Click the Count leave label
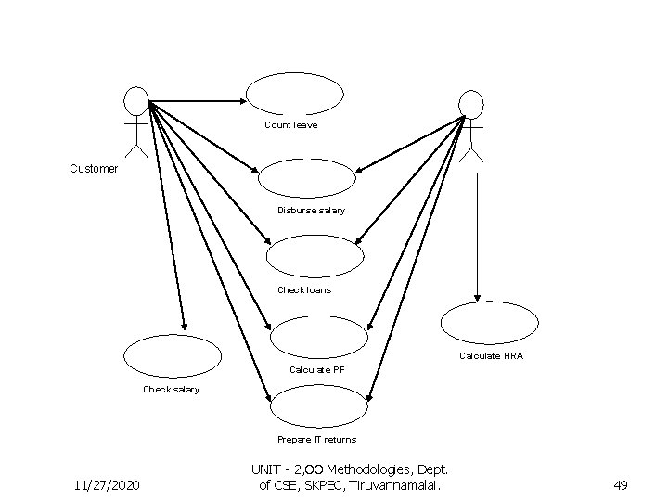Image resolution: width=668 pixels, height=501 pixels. [290, 124]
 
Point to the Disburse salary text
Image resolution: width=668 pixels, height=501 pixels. [311, 211]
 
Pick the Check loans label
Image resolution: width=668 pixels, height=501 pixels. [304, 290]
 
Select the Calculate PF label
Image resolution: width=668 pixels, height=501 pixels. [317, 369]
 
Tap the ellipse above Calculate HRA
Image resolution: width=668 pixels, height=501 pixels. [489, 325]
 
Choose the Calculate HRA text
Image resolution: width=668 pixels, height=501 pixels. [492, 356]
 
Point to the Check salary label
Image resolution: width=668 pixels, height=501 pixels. [171, 390]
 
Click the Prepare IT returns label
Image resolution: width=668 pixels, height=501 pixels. [316, 439]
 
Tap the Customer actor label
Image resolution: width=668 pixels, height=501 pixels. [95, 169]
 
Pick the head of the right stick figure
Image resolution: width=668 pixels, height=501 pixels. [471, 103]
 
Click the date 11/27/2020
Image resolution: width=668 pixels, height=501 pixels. [109, 484]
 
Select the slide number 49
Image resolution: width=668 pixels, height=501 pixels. [622, 484]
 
